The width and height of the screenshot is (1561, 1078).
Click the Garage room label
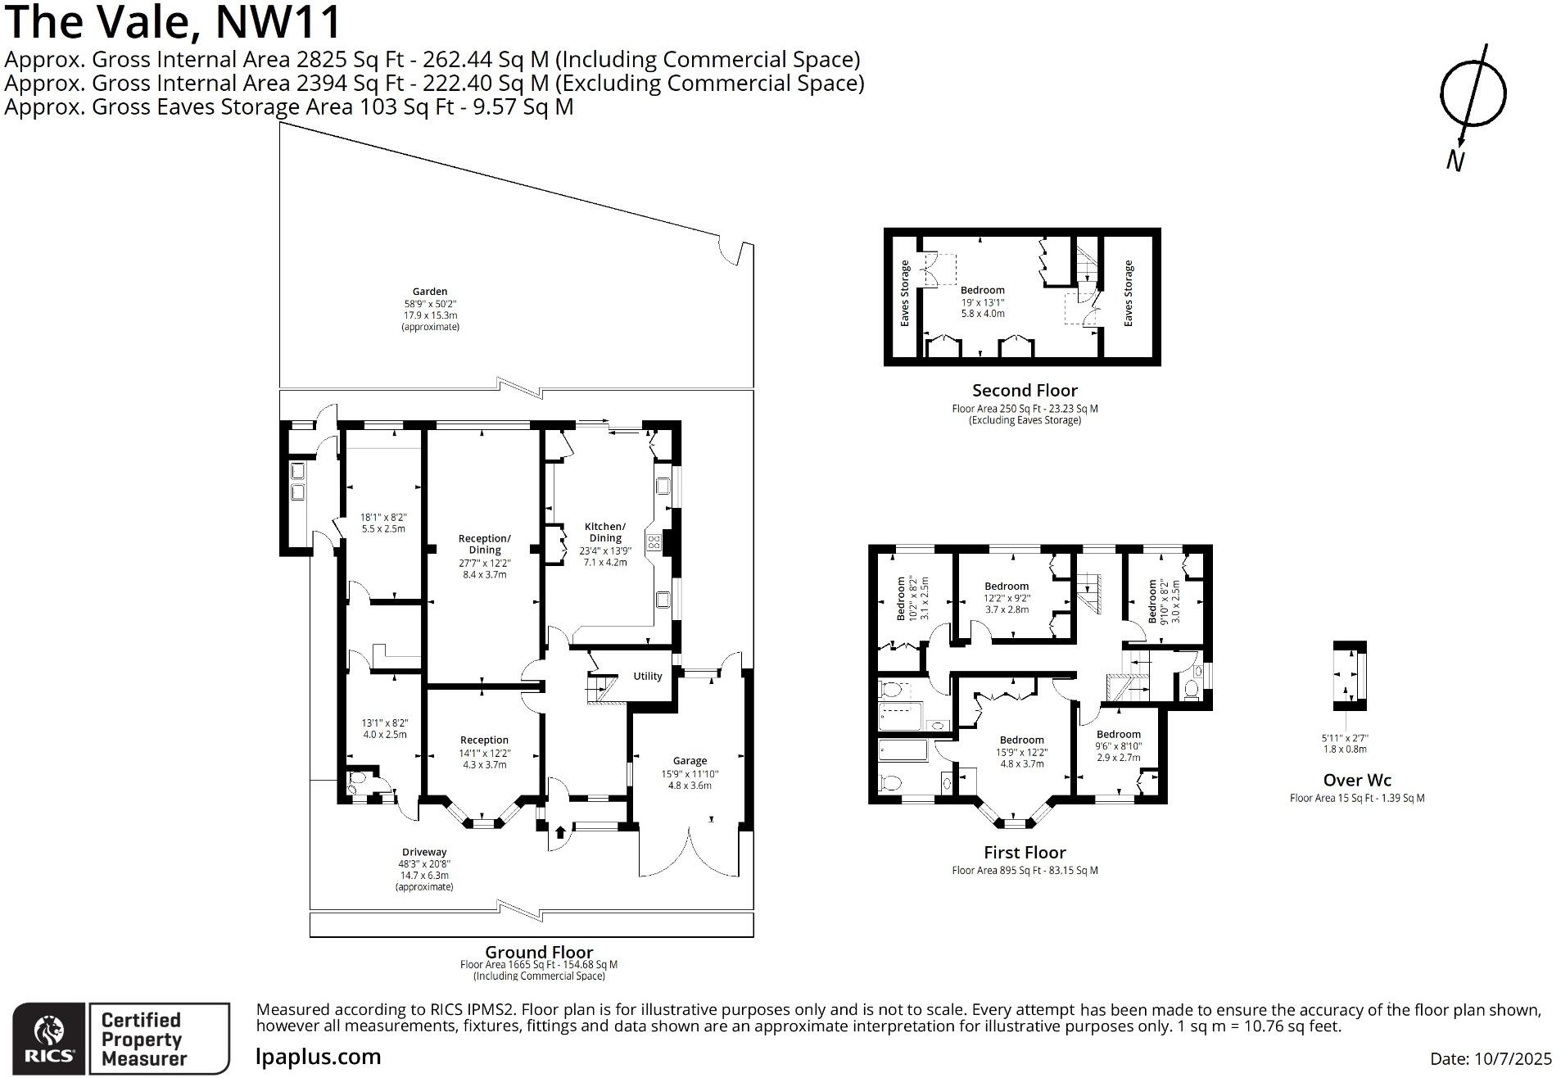click(x=690, y=761)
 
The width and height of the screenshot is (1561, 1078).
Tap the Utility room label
click(x=647, y=676)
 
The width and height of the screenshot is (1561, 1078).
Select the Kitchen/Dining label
click(x=604, y=532)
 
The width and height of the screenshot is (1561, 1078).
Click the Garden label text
click(x=430, y=292)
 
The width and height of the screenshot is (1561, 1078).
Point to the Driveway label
click(x=424, y=852)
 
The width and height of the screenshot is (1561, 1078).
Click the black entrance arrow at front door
click(x=560, y=833)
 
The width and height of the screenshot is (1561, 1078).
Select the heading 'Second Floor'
click(x=1025, y=391)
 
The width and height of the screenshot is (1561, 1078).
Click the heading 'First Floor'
click(x=1025, y=853)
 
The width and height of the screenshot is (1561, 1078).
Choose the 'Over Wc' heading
click(x=1356, y=781)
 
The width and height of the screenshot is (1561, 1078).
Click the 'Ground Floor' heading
click(x=539, y=952)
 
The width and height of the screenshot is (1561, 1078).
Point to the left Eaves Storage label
click(x=905, y=293)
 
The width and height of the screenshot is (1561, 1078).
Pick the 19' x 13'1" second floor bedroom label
click(x=983, y=301)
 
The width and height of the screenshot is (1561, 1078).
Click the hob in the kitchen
click(x=654, y=541)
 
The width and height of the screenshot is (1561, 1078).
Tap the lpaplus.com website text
click(x=319, y=1057)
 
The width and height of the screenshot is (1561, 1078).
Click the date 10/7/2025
click(x=1491, y=1058)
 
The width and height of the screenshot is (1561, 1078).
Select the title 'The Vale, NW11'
click(x=173, y=23)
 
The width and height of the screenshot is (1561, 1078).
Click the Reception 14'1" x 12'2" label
click(x=484, y=752)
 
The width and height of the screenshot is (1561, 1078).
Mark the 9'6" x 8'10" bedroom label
click(x=1118, y=745)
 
